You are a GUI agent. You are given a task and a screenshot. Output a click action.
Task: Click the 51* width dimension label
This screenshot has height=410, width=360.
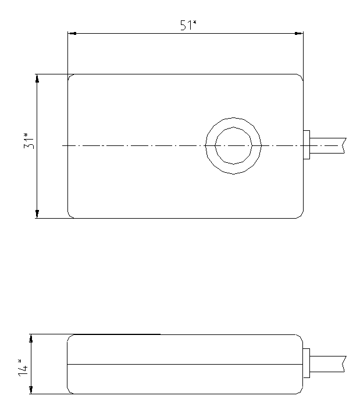point(187,26)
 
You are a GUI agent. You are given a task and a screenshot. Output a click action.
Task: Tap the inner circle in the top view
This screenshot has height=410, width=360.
point(233,145)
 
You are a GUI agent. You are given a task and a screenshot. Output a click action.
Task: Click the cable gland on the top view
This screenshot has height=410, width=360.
point(307,145)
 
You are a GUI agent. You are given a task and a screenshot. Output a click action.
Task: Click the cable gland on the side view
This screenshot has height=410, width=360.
point(306,364)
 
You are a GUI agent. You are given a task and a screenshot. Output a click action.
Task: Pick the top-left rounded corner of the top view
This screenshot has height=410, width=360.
point(70,76)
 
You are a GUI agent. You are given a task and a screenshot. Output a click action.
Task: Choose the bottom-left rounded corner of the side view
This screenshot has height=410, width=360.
point(70,391)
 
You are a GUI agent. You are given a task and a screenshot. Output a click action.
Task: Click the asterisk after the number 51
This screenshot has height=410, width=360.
point(195,23)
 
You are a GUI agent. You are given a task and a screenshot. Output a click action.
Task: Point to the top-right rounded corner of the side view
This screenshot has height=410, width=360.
point(300,337)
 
